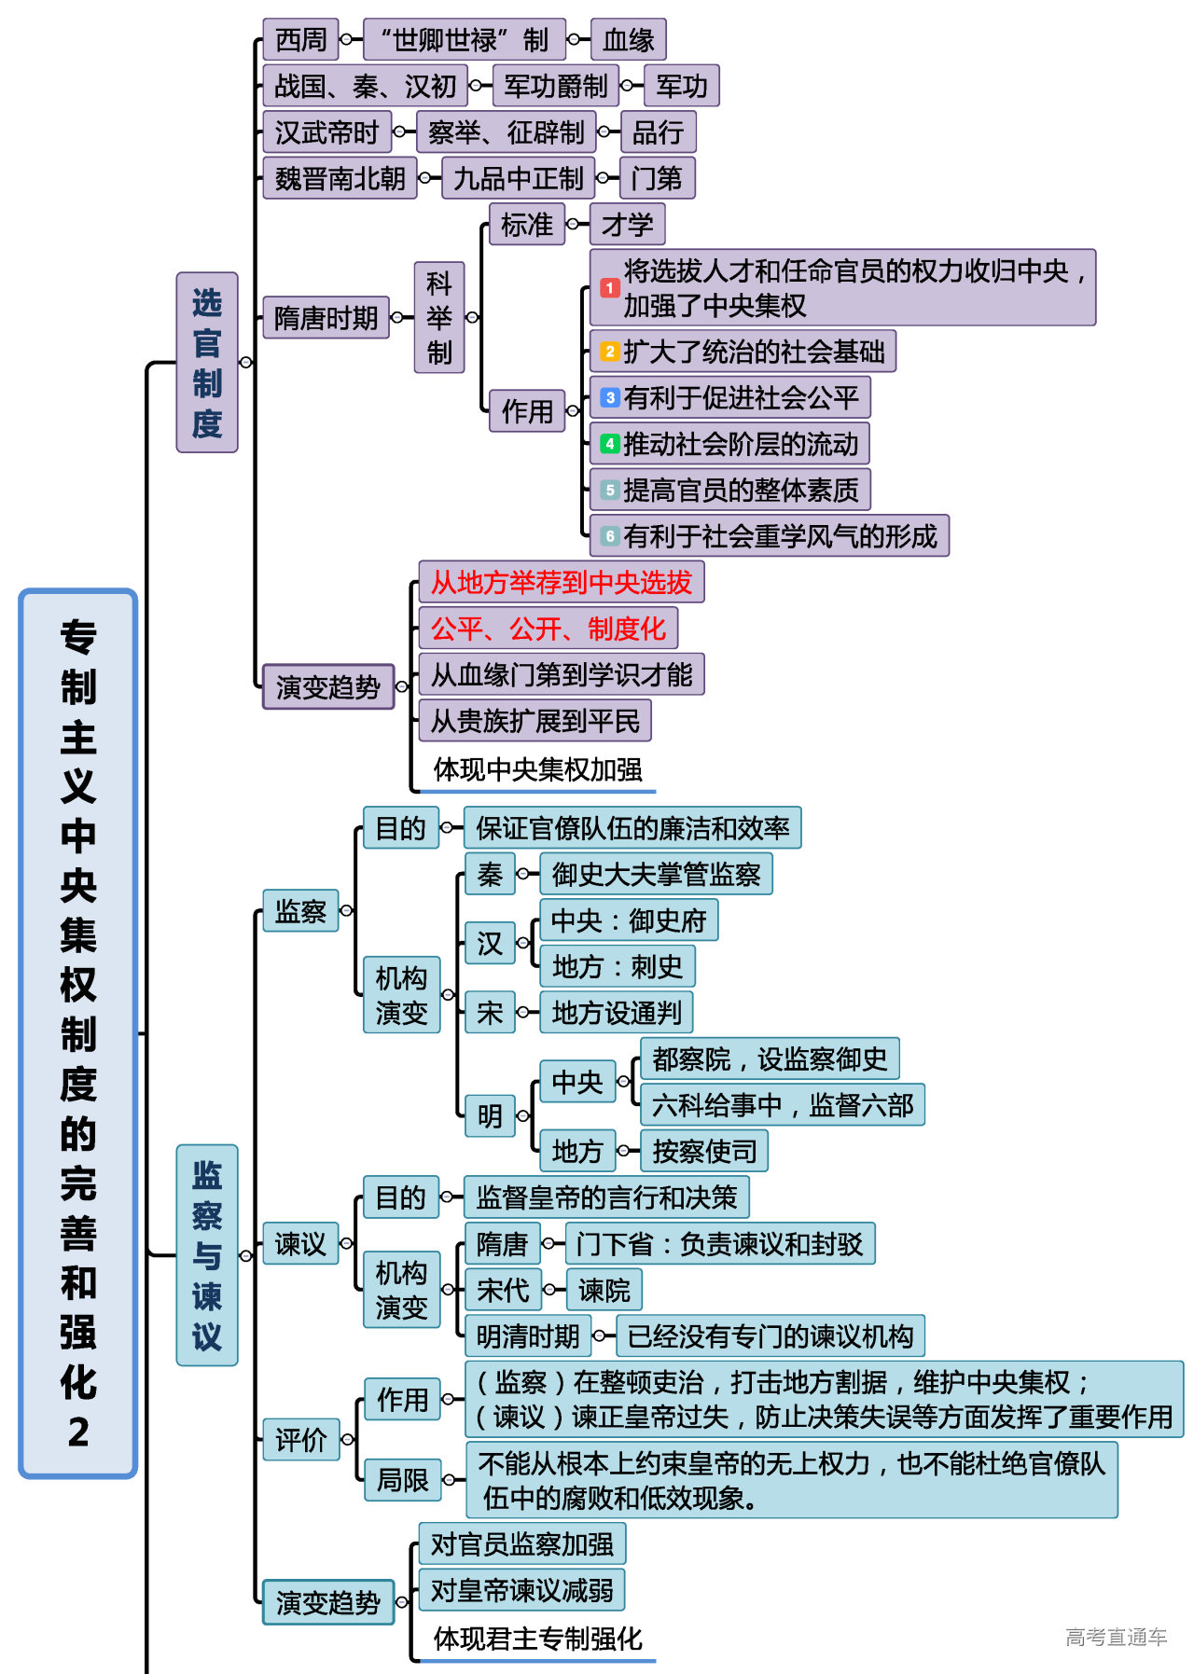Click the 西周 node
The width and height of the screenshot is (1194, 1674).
coord(300,40)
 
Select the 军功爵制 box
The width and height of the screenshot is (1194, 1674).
coord(555,87)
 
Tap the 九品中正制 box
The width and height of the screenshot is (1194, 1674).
coord(518,178)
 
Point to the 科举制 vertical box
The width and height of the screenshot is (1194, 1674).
coord(439,318)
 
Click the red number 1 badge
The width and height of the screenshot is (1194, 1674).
coord(609,288)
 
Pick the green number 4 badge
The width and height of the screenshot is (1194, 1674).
coord(609,444)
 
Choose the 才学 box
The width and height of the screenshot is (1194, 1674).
coord(627,225)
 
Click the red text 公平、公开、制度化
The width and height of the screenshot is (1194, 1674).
coord(548,629)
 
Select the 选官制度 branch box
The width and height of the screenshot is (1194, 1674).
coord(207,363)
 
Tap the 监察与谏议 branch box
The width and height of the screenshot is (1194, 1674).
coord(207,1255)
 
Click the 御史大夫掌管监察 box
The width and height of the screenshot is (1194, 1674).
coord(656,875)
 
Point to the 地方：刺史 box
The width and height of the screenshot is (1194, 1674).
coord(617,967)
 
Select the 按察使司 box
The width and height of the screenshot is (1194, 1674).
coord(704,1152)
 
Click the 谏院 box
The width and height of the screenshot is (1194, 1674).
coord(604,1291)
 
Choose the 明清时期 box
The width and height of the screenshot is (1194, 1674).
coord(528,1336)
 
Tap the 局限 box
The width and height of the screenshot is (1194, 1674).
coord(402,1480)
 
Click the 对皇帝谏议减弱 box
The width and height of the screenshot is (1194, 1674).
coord(521,1590)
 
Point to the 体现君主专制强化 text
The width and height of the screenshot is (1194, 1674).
coord(537,1639)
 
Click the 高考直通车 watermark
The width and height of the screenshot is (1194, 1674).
coord(1116,1638)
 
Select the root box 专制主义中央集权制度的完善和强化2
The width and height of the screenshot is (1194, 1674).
coord(78,1033)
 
